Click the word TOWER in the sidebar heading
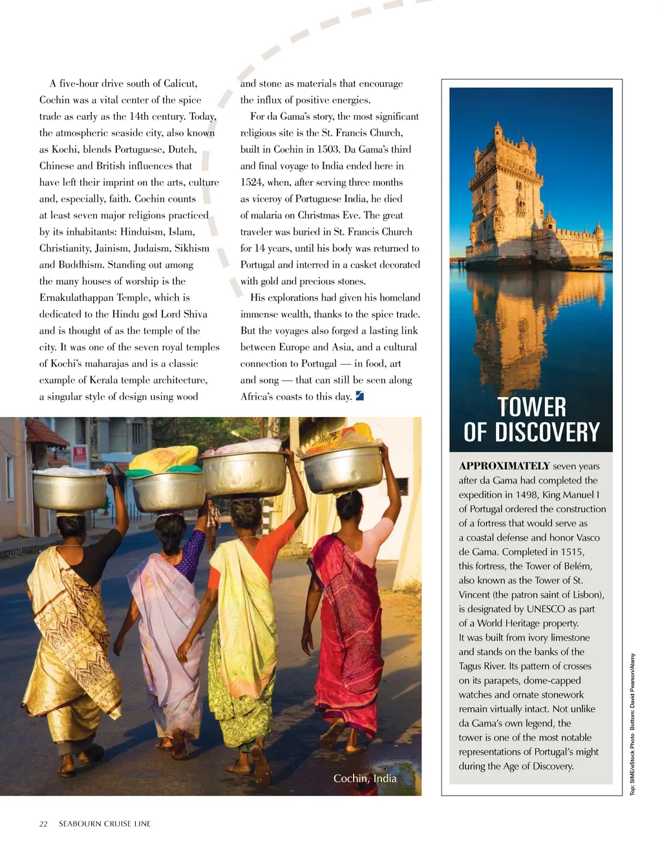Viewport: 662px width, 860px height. click(531, 407)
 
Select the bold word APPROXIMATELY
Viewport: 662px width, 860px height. click(504, 466)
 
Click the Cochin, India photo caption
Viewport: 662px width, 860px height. click(365, 779)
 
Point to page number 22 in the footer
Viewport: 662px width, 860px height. click(43, 824)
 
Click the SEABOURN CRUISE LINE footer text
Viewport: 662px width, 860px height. click(105, 824)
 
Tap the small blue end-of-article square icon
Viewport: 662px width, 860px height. click(360, 396)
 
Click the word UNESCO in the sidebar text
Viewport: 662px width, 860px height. click(546, 609)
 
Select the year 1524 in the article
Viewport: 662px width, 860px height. click(251, 182)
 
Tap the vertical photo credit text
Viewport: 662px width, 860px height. click(633, 724)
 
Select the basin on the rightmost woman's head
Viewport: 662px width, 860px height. click(343, 468)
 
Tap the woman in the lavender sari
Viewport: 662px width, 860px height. click(169, 621)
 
